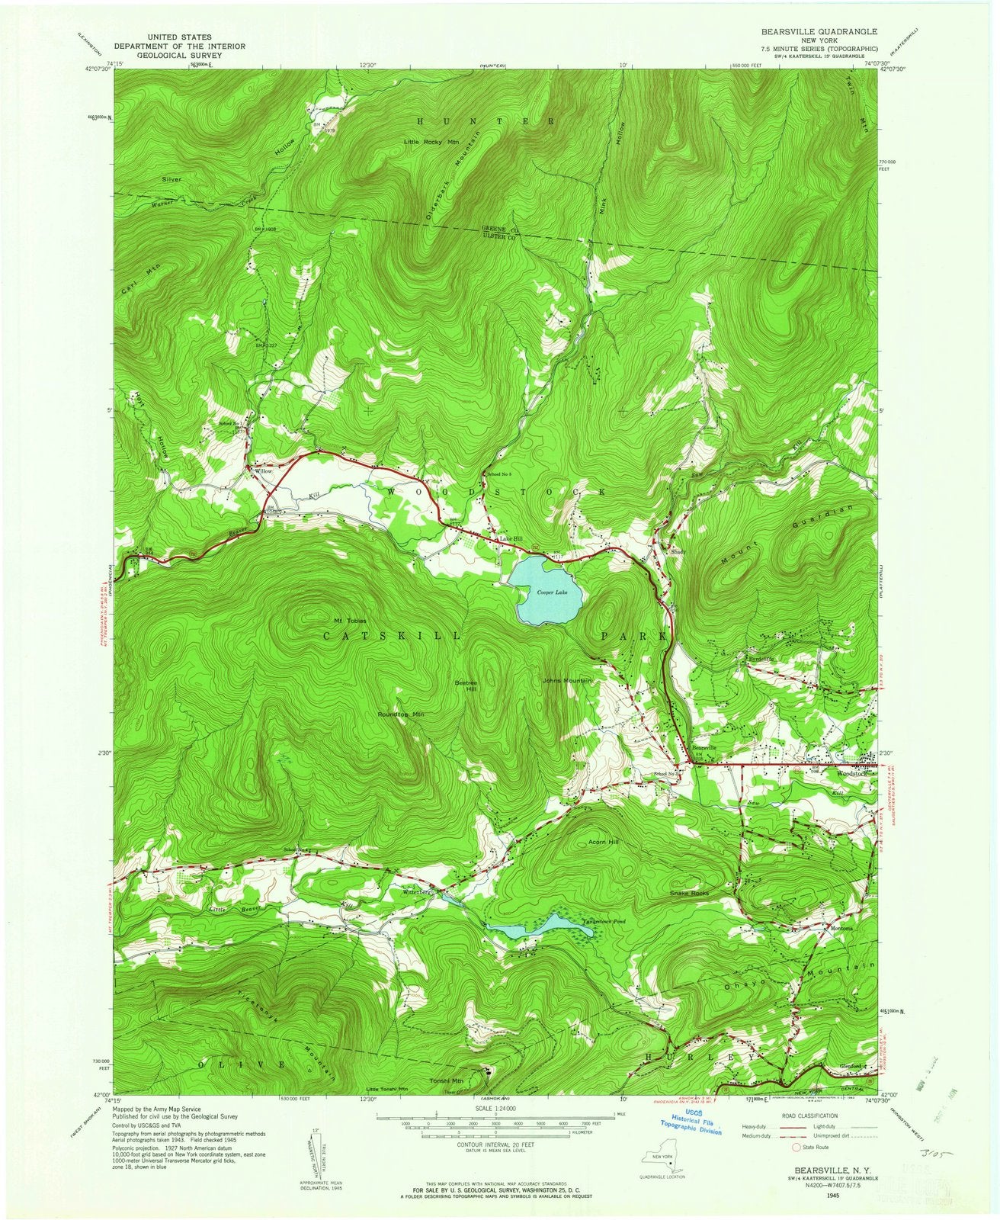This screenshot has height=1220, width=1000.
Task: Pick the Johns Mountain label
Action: pos(567,680)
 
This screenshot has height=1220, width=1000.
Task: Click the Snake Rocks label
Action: pos(690,893)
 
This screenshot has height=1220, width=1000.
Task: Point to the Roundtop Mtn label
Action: pos(401,714)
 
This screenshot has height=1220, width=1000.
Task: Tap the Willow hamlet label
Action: pos(263,472)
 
